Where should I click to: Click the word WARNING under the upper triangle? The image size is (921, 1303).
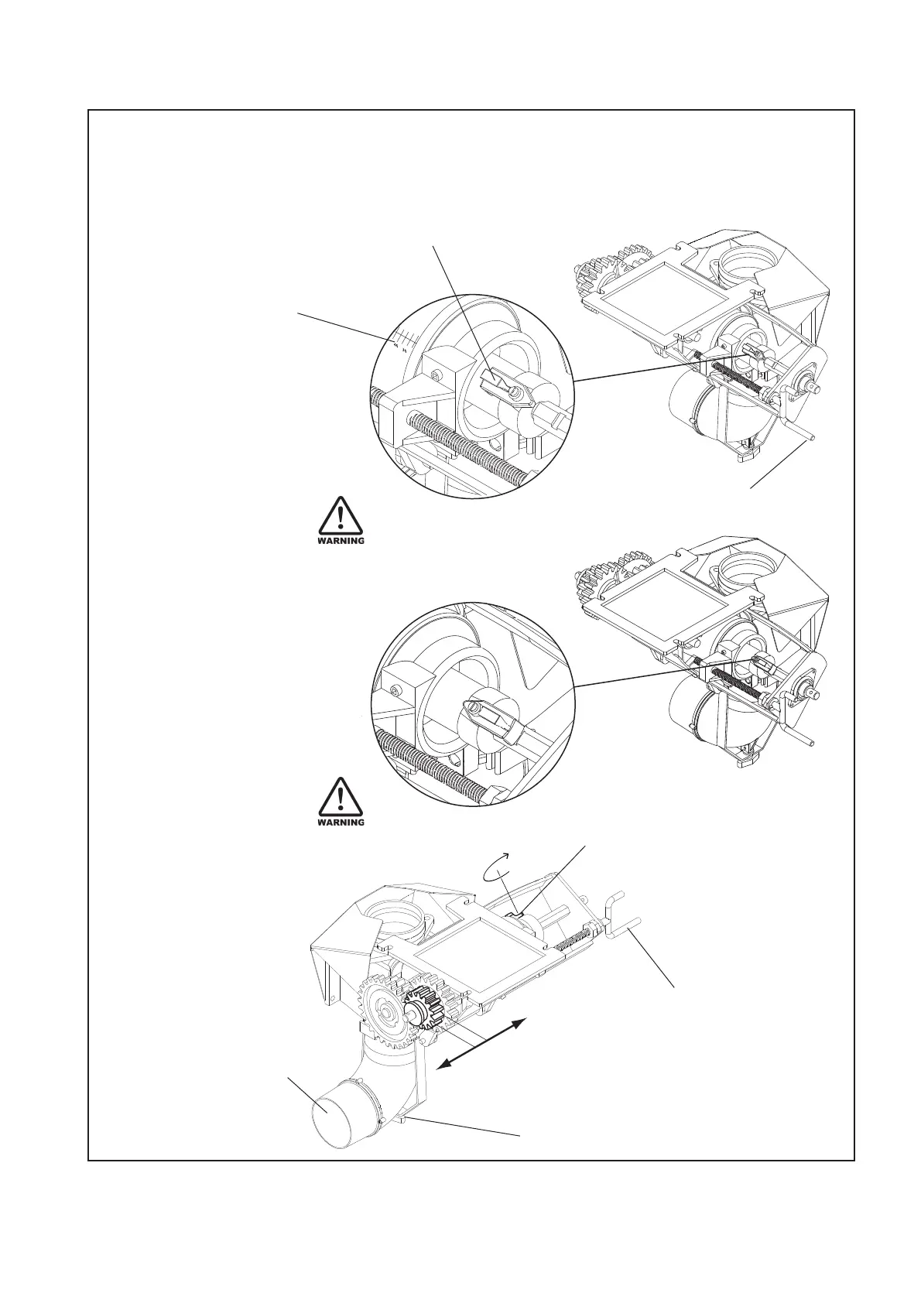[341, 541]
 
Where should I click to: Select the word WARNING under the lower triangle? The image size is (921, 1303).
[341, 822]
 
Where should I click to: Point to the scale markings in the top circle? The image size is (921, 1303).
[405, 340]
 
